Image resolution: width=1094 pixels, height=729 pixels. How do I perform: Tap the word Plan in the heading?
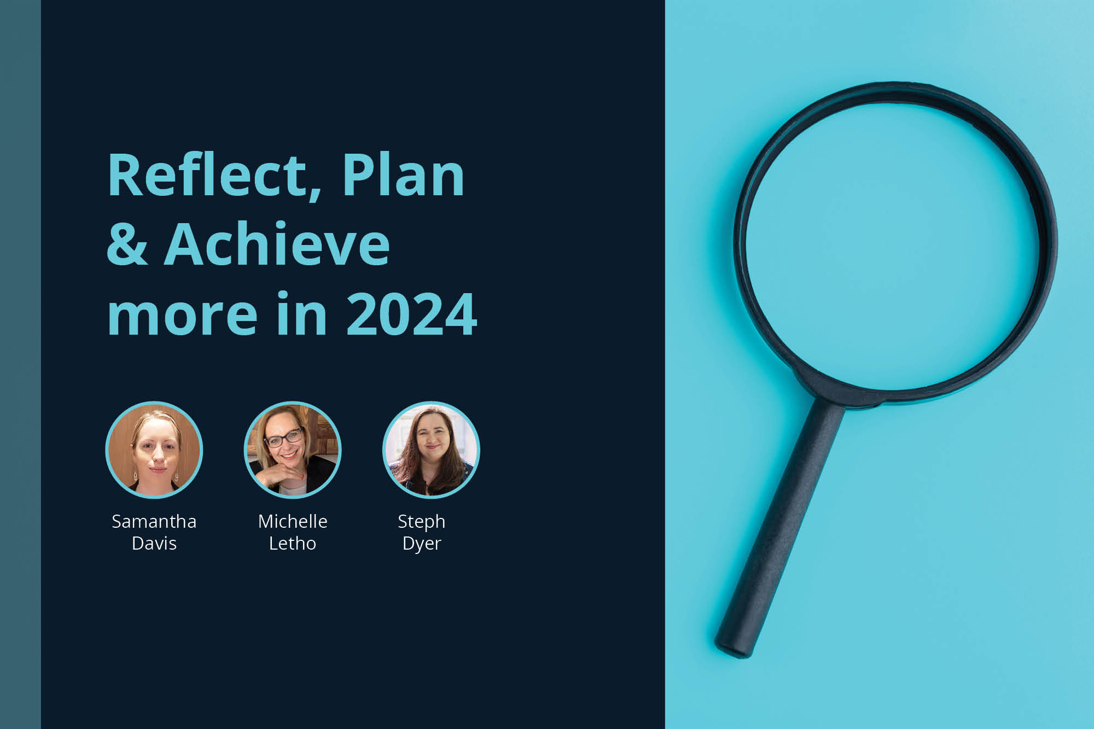(x=403, y=176)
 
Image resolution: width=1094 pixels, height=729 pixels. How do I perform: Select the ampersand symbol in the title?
(x=127, y=244)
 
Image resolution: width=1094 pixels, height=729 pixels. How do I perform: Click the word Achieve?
(x=277, y=244)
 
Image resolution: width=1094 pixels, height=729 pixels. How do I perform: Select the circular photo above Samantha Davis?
(x=154, y=450)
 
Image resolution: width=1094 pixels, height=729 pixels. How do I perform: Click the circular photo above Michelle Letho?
(x=293, y=450)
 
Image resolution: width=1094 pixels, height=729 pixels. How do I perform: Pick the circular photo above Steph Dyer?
(x=431, y=450)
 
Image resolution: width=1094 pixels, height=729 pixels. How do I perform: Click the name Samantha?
(x=154, y=522)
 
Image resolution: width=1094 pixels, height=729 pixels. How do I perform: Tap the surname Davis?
(x=154, y=544)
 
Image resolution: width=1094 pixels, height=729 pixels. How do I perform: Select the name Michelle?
(x=293, y=522)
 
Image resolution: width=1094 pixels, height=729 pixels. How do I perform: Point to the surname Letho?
(x=293, y=544)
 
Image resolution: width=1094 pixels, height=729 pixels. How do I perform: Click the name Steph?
(x=421, y=522)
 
